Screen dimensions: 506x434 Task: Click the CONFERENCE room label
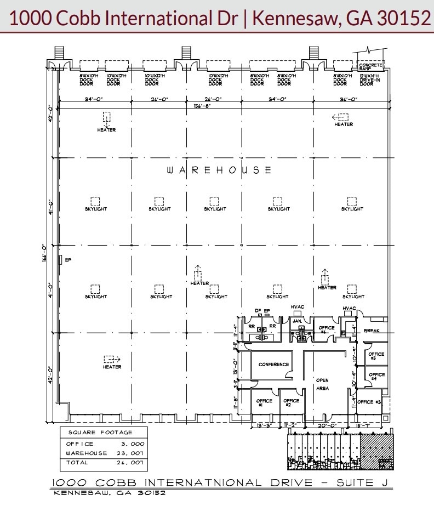pyautogui.click(x=273, y=365)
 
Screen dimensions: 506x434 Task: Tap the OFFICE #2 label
pyautogui.click(x=291, y=403)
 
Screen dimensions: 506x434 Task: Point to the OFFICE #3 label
pyautogui.click(x=369, y=402)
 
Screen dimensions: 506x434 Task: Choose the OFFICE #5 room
pyautogui.click(x=377, y=356)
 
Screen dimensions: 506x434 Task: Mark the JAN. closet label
pyautogui.click(x=298, y=321)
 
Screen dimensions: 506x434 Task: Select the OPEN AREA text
pyautogui.click(x=322, y=384)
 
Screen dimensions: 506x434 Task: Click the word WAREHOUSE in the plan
pyautogui.click(x=219, y=170)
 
